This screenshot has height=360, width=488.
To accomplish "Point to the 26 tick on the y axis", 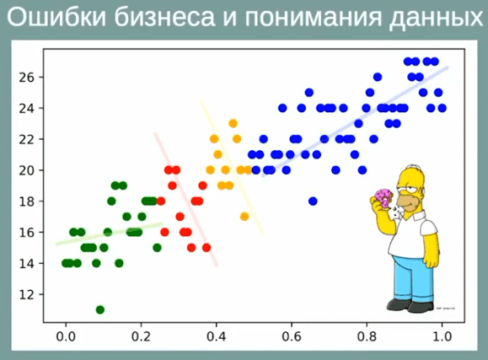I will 26,77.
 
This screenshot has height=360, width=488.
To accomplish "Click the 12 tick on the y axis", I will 26,294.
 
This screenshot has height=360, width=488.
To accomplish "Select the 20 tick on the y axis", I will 26,170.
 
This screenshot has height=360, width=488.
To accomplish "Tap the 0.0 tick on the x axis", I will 65,336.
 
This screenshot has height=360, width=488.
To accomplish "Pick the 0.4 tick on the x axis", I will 216,336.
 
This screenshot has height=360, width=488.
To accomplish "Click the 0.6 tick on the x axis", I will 291,336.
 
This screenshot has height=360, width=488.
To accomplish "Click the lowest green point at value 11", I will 100,309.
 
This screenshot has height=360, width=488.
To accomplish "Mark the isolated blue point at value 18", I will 313,201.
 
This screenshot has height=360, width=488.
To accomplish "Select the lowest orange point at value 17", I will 244,217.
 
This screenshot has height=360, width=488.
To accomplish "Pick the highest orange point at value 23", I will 233,124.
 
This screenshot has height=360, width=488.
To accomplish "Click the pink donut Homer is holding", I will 384,198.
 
